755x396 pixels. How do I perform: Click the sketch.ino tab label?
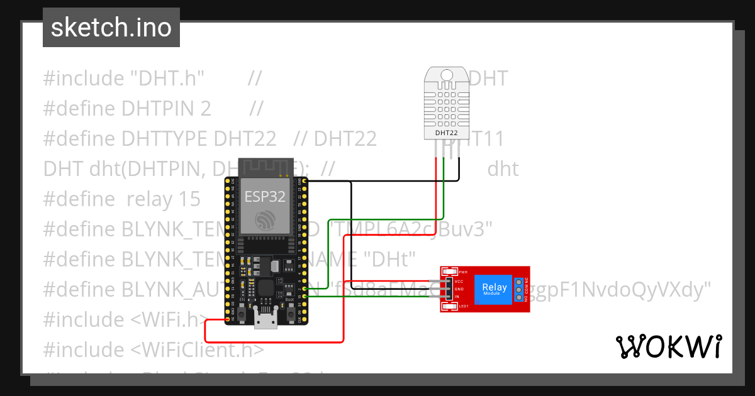pos(111,28)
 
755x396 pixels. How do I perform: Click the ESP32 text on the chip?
pos(265,196)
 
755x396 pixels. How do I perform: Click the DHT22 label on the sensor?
pos(447,133)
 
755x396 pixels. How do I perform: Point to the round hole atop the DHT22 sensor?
pos(447,75)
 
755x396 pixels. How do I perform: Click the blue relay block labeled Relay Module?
pos(494,290)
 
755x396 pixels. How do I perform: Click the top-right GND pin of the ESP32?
pos(305,182)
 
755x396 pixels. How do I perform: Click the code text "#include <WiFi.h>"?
pos(125,319)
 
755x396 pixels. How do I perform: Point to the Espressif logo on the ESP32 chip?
pos(265,221)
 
